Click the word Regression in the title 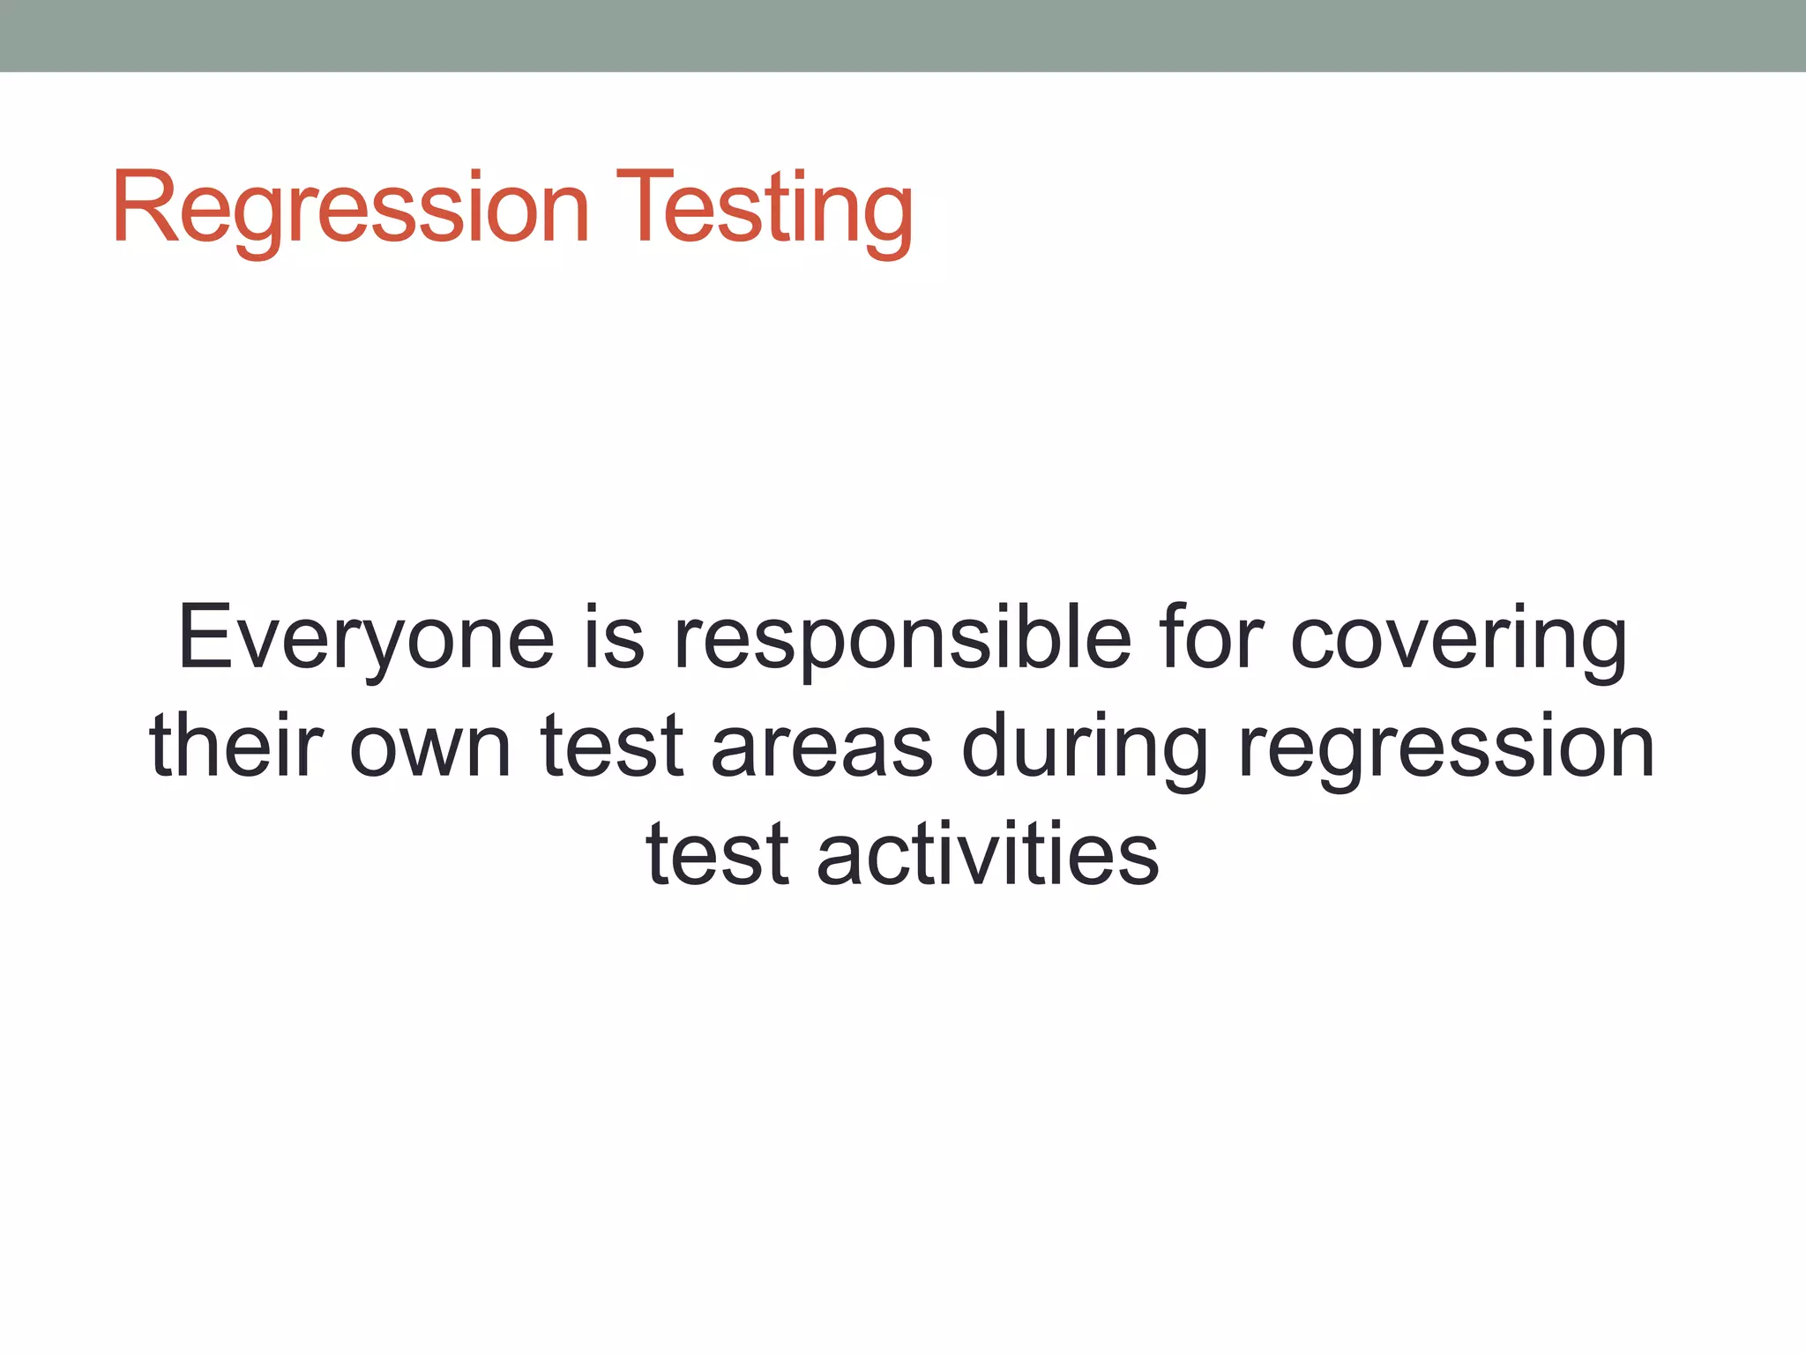click(350, 208)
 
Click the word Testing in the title click(764, 208)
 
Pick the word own click(430, 746)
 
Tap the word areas click(822, 746)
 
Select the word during click(1085, 746)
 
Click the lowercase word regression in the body click(1446, 746)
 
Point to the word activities click(988, 853)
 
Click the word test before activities click(717, 853)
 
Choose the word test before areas click(612, 746)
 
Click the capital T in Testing click(643, 208)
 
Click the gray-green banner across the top click(903, 35)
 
